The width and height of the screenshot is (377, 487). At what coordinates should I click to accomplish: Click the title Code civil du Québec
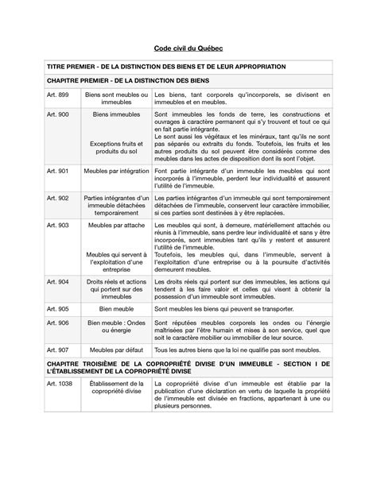click(188, 48)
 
